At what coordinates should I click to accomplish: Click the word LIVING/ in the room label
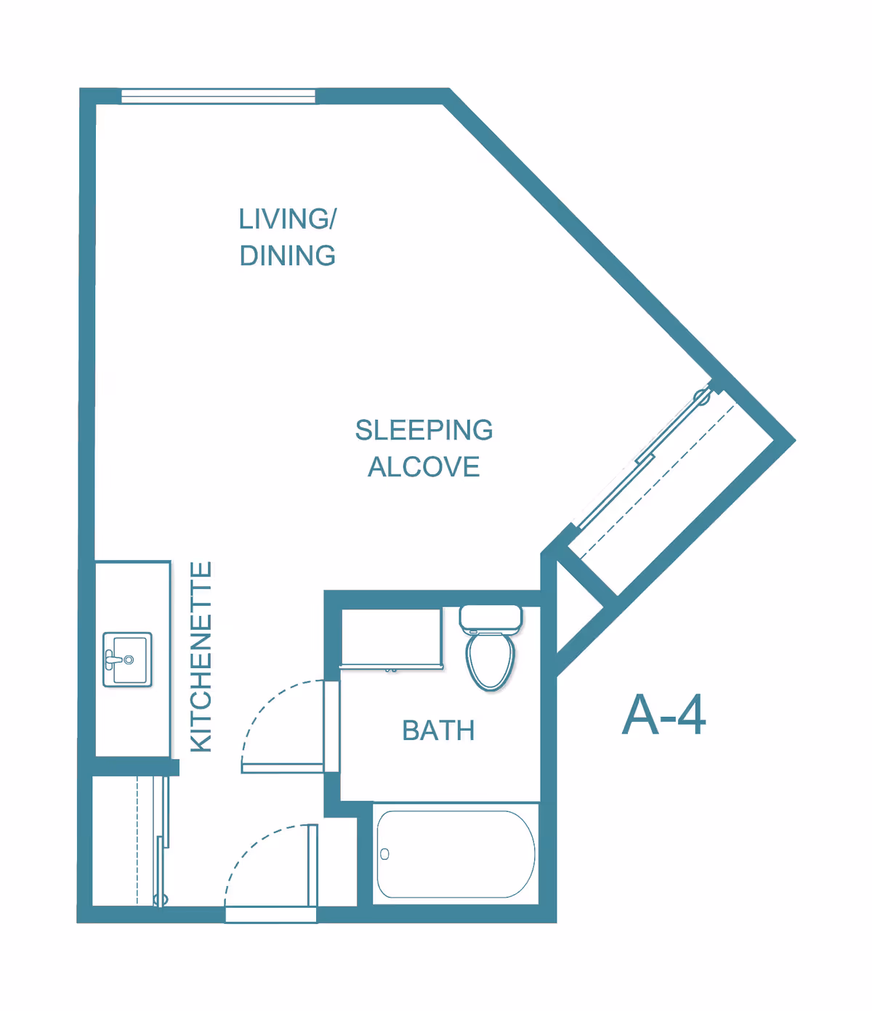click(x=288, y=219)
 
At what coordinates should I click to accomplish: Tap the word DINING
click(x=287, y=256)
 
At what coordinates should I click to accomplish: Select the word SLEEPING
click(x=424, y=430)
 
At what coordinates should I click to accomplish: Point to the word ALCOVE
click(x=424, y=466)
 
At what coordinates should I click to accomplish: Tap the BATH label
click(x=438, y=731)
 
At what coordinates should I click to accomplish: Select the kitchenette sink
click(x=127, y=659)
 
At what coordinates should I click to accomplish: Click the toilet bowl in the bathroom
click(x=490, y=661)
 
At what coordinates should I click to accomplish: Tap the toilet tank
click(x=490, y=618)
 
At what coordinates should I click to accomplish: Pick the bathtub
click(x=456, y=854)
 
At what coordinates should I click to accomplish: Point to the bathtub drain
click(x=384, y=854)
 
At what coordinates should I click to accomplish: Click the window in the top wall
click(x=218, y=97)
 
